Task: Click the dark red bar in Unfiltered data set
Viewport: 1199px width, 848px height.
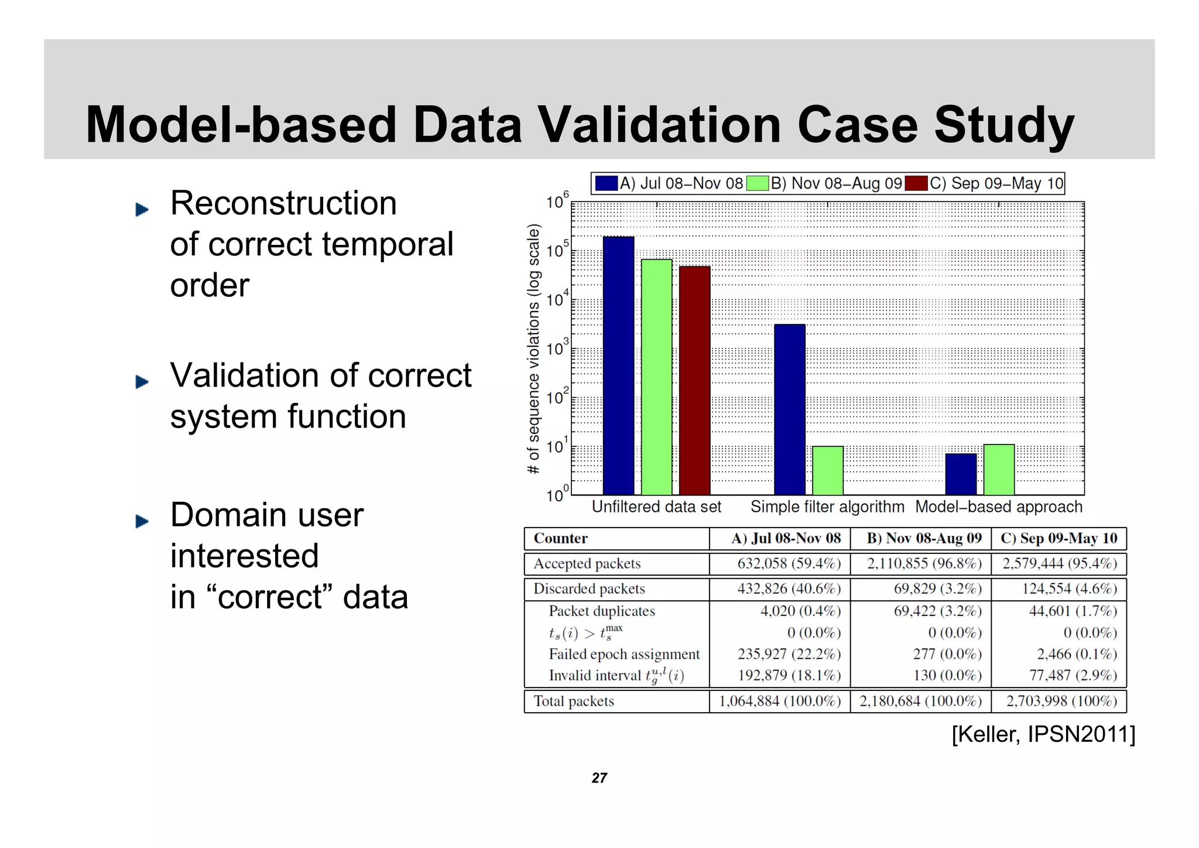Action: click(x=694, y=381)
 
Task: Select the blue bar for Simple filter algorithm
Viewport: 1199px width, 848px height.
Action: click(x=789, y=410)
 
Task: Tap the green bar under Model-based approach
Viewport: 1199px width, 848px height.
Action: click(x=999, y=470)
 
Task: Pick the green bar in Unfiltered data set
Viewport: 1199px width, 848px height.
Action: click(x=656, y=377)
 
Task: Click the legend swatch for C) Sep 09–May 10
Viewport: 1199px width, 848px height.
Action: click(x=916, y=183)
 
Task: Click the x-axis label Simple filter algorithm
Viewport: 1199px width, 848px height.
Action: click(x=827, y=507)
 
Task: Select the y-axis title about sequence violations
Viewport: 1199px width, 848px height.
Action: click(x=533, y=349)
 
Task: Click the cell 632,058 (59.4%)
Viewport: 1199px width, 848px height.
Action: click(x=789, y=563)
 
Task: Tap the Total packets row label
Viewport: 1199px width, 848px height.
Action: click(x=574, y=701)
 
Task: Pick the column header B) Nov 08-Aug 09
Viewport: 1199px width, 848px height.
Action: click(x=924, y=538)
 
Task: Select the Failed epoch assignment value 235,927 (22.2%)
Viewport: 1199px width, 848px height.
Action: click(x=789, y=654)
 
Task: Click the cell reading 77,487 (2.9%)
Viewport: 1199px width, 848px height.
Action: click(x=1073, y=675)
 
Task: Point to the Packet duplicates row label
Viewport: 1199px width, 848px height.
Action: click(x=601, y=611)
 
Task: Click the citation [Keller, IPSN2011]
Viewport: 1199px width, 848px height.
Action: click(x=1043, y=734)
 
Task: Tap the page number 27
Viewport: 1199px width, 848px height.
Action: click(x=599, y=778)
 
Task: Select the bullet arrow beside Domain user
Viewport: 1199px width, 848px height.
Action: click(x=142, y=521)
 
